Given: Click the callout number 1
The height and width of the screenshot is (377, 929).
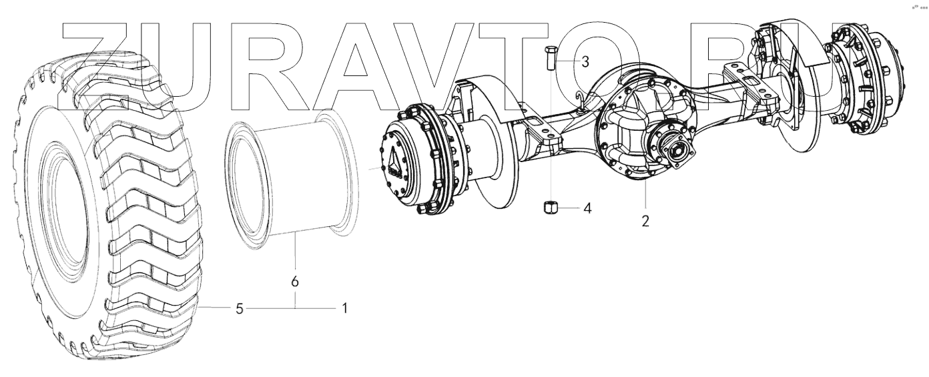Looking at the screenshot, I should pos(344,308).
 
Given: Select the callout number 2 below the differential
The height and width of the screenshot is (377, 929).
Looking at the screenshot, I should pos(645,220).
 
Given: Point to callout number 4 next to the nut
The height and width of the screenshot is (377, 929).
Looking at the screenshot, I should pos(587,208).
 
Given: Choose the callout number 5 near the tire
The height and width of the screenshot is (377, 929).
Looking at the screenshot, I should pos(240,308).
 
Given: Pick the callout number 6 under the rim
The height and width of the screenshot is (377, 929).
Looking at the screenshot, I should pos(294,282).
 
